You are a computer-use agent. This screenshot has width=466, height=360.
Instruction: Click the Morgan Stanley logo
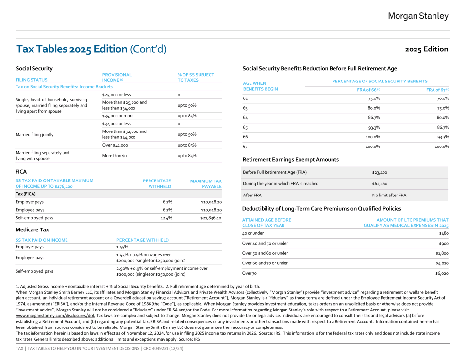418,16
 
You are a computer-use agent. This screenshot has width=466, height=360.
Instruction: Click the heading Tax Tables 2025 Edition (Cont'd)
91,49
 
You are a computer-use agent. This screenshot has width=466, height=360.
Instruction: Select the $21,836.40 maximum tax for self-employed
211,218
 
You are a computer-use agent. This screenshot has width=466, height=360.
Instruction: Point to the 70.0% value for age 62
443,98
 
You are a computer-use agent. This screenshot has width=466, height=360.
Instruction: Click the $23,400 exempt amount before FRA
380,172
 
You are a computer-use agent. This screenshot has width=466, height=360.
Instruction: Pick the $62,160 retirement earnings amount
380,184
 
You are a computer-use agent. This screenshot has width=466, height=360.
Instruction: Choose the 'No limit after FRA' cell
389,195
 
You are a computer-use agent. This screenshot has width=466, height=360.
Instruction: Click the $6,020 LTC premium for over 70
441,274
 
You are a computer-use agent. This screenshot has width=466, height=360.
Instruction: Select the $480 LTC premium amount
444,233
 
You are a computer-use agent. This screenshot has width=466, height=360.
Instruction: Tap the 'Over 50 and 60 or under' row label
265,253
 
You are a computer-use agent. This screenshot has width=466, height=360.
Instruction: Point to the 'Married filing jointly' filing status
34,134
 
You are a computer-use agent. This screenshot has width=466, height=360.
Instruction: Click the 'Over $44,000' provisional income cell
115,145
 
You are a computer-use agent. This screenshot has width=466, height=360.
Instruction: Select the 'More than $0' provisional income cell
114,156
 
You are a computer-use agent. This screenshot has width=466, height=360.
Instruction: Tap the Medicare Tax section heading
32,229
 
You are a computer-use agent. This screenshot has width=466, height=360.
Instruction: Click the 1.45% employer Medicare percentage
122,247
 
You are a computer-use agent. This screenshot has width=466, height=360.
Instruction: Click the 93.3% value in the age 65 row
373,127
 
